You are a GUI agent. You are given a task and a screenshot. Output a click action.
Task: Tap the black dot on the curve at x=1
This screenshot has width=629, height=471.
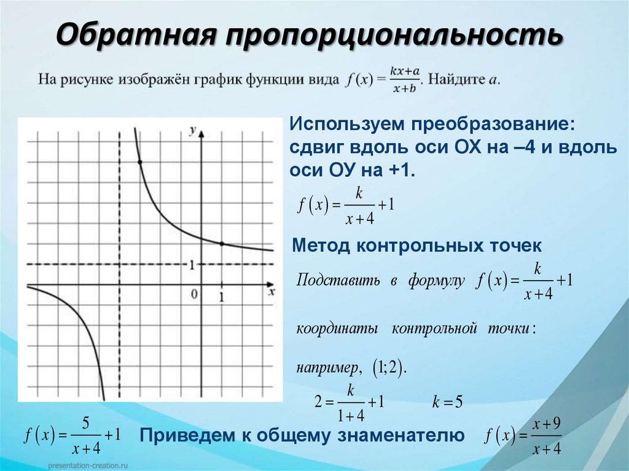click(222, 244)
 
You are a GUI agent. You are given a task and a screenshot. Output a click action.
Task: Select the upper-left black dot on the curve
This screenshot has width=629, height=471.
click(140, 162)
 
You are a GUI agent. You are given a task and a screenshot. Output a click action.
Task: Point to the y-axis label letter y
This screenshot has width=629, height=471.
click(193, 130)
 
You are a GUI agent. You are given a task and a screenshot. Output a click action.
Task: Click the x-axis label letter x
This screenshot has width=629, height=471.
click(271, 292)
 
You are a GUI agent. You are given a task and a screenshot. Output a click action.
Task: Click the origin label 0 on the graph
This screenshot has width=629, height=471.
click(194, 294)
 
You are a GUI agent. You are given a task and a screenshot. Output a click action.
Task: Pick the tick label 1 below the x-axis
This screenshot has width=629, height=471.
click(222, 297)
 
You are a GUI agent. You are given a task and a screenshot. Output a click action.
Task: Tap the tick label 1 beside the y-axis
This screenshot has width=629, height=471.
click(192, 265)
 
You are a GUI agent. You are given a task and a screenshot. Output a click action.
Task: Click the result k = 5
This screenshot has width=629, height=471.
click(447, 402)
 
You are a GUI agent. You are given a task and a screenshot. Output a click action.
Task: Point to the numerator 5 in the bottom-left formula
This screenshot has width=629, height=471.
click(86, 422)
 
